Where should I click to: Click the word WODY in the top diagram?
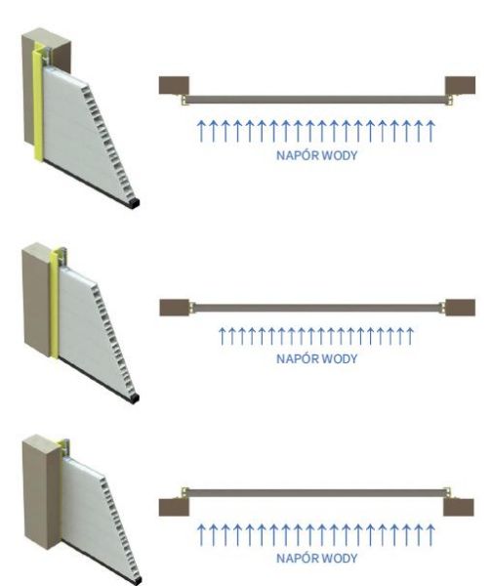tap(340, 155)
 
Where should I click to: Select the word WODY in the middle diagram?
tap(340, 358)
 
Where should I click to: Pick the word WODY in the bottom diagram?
tap(340, 558)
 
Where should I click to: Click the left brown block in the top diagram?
tap(174, 85)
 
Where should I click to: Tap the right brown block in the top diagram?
tap(460, 85)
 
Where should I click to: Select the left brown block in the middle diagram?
tap(175, 308)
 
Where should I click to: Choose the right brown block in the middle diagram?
tap(460, 308)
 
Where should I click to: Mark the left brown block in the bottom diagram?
tap(174, 507)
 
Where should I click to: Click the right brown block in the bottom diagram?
tap(459, 507)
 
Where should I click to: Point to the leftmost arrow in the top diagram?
tap(201, 131)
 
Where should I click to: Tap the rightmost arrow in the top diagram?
tap(430, 131)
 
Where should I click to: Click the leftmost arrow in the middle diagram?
tap(223, 336)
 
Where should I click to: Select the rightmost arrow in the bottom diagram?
tap(430, 535)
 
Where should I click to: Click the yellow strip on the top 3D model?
tap(38, 105)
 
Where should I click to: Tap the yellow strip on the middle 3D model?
tap(54, 303)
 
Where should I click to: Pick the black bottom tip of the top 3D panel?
tap(135, 204)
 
